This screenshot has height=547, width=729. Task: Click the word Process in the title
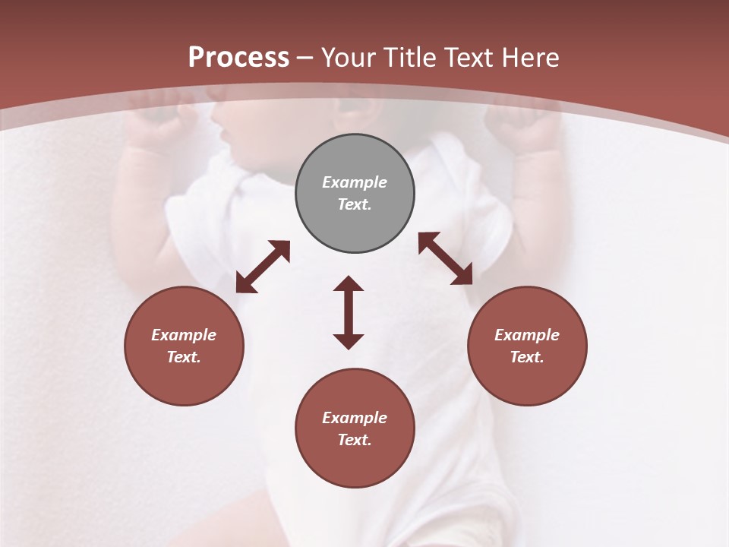pos(238,58)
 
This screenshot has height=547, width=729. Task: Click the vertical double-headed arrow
pos(349,312)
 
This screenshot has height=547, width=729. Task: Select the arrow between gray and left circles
pos(263,267)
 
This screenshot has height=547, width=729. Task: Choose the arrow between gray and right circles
pos(445,258)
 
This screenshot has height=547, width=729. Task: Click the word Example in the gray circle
pos(355,182)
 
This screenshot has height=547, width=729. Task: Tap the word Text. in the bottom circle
pos(355,440)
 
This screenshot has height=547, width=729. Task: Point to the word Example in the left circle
pos(184,335)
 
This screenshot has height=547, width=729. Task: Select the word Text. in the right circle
pos(526,357)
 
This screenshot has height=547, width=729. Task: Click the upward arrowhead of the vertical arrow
pos(349,284)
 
